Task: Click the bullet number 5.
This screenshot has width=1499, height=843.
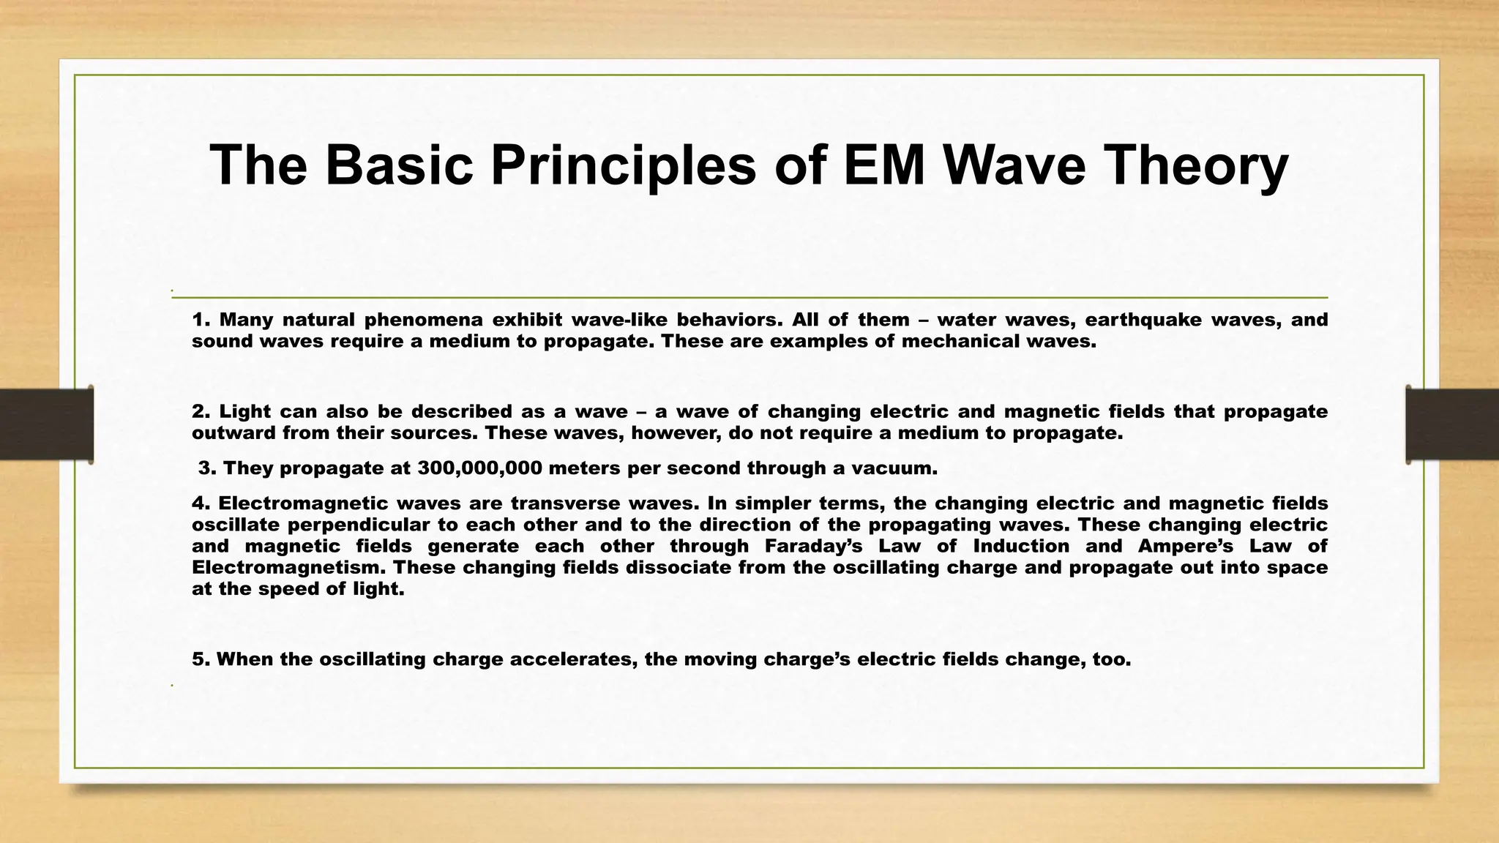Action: click(201, 659)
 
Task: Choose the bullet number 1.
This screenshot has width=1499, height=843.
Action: click(201, 320)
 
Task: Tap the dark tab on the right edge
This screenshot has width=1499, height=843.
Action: click(1452, 424)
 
